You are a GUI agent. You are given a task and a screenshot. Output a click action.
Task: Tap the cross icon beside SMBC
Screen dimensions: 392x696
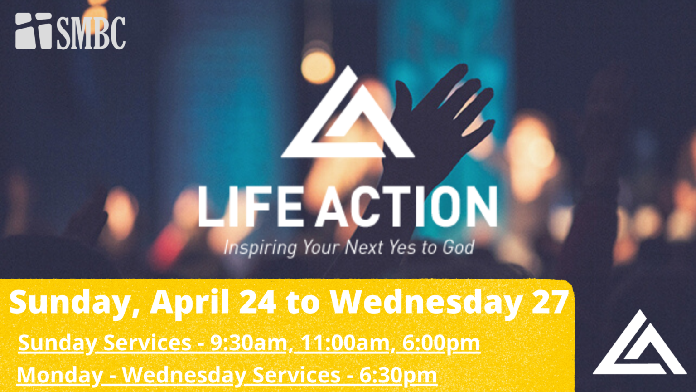(34, 31)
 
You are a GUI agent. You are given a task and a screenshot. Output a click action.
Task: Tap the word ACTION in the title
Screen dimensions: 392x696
(406, 206)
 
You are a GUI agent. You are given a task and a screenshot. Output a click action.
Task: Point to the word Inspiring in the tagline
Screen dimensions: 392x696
(260, 248)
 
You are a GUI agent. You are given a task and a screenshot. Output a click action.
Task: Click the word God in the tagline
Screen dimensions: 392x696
(458, 247)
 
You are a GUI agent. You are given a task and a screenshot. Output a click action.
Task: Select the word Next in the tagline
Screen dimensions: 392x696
(364, 247)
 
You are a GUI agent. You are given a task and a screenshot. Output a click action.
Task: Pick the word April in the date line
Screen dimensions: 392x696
(190, 302)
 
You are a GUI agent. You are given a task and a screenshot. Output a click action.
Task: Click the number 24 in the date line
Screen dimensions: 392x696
(257, 302)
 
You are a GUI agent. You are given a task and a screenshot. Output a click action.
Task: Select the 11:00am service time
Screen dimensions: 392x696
(344, 343)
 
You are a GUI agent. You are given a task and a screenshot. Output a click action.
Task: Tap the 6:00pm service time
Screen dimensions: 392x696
(441, 343)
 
